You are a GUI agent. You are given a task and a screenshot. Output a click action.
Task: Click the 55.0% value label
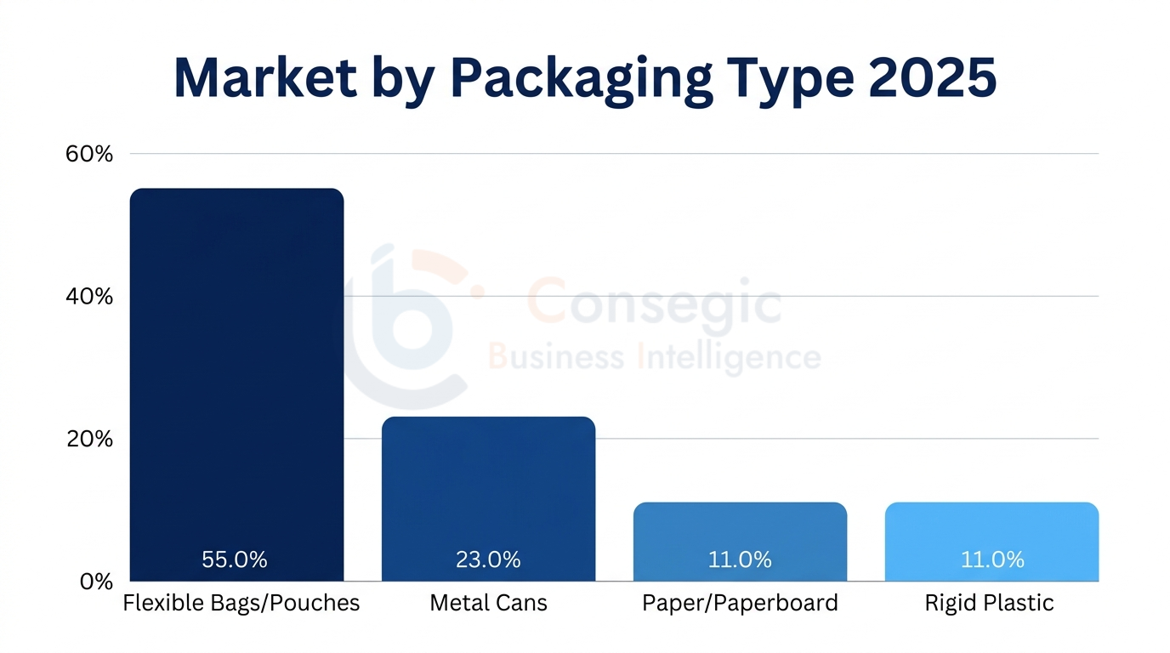point(235,559)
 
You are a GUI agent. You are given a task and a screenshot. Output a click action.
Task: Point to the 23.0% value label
point(488,559)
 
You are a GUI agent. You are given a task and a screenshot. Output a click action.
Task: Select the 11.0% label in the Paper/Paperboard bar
point(740,559)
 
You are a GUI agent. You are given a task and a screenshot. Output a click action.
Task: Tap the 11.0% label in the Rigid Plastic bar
point(992,559)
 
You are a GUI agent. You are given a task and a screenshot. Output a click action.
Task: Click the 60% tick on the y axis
point(89,154)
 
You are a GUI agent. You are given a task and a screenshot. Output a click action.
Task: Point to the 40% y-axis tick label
point(89,297)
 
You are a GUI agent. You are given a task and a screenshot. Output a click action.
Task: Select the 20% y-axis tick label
point(89,440)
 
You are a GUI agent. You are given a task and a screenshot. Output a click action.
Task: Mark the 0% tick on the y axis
point(96,582)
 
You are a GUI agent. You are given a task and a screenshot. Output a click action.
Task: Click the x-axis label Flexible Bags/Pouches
point(241,604)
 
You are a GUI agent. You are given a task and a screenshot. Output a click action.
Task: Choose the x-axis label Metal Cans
point(488,604)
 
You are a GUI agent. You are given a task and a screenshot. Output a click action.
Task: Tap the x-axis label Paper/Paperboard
point(740,604)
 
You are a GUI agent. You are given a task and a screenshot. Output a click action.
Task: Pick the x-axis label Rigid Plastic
point(989,604)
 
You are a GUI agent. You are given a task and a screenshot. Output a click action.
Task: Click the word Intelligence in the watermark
point(730,358)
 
